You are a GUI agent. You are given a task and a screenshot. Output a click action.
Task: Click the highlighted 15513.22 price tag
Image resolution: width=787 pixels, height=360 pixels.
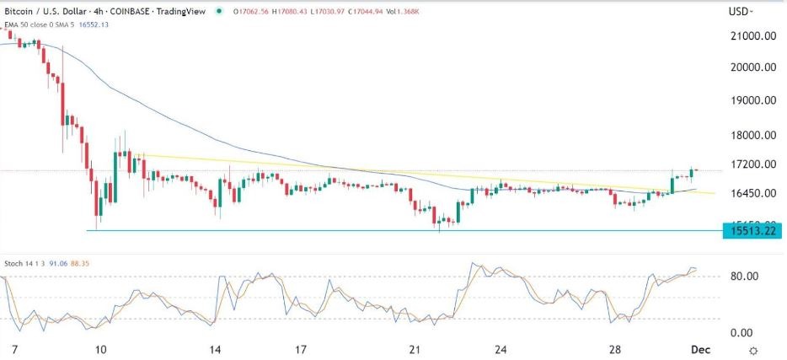pyautogui.click(x=752, y=229)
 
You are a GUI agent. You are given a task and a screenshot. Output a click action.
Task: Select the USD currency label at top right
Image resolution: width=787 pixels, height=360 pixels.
pyautogui.click(x=740, y=12)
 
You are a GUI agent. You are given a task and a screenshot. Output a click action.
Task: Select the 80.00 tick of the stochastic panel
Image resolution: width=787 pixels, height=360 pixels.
pyautogui.click(x=746, y=277)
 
